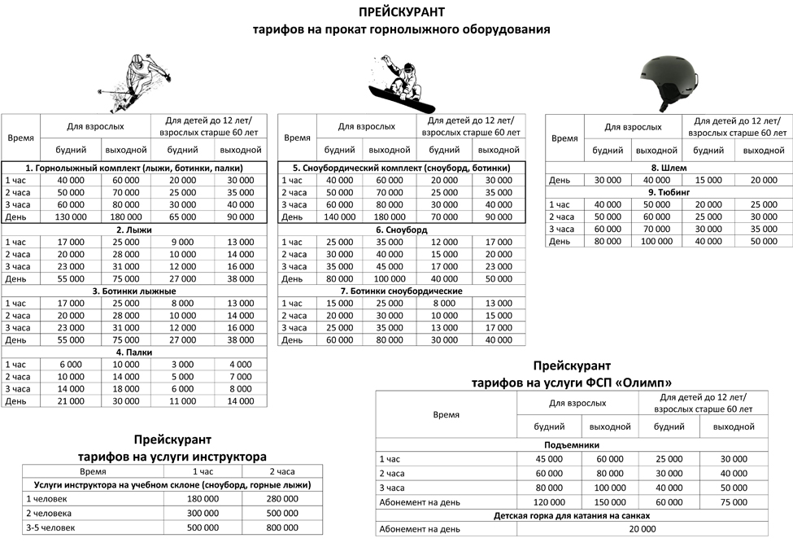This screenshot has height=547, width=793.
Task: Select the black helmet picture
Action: tap(662, 81)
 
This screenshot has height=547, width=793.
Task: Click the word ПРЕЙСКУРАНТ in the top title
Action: tap(402, 12)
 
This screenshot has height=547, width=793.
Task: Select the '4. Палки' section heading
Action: tap(134, 352)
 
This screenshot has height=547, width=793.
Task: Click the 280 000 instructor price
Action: tap(282, 499)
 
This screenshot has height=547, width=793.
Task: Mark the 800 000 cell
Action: tap(282, 528)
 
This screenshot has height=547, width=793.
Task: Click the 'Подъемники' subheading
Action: tap(571, 445)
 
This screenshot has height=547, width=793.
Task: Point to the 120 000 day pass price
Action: tap(549, 502)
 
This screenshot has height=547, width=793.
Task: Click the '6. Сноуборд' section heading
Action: tap(401, 230)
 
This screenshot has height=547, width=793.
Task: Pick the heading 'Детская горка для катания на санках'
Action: tap(571, 516)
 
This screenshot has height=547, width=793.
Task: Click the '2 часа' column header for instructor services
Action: tap(282, 471)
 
